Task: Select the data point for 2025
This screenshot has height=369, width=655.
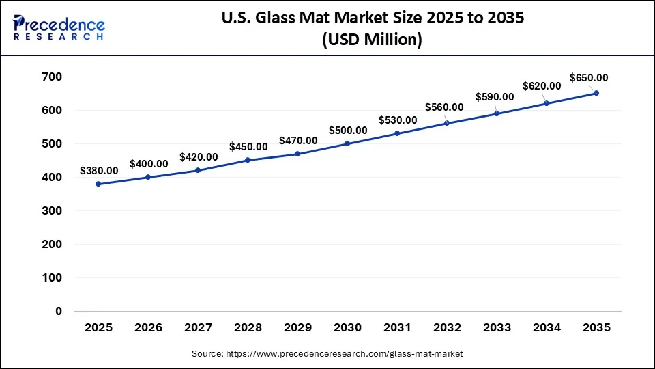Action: [99, 184]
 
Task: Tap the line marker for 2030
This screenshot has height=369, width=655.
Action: [347, 143]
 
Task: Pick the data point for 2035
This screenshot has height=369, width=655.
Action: [596, 93]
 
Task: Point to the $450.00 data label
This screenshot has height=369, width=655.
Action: [248, 147]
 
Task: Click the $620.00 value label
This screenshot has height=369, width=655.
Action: [542, 86]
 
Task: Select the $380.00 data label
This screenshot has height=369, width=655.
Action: [99, 171]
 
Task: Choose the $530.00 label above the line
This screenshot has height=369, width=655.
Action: [398, 120]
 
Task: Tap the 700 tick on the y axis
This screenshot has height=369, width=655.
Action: [53, 77]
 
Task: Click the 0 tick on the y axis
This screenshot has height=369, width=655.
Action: [58, 311]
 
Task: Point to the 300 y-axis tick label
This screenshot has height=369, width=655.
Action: [53, 211]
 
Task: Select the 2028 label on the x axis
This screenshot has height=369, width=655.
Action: [248, 328]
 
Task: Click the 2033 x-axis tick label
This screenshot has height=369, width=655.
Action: [497, 328]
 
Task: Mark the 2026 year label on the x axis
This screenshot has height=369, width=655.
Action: [149, 328]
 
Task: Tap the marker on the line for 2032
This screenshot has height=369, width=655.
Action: [447, 123]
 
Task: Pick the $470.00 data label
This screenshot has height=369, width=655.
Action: [298, 141]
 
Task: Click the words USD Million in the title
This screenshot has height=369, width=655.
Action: [372, 40]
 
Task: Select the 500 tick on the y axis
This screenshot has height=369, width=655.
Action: [53, 144]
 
